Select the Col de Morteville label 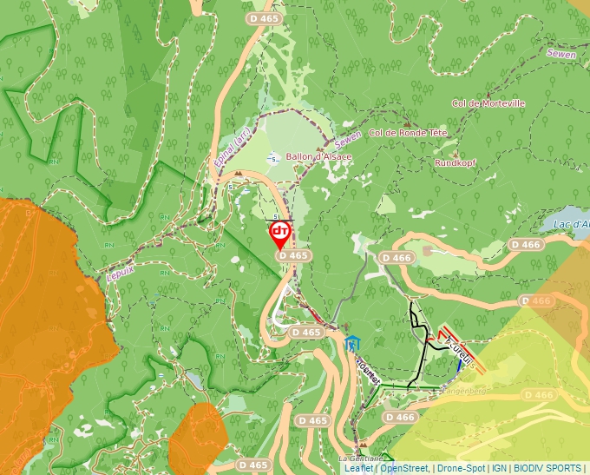[488, 103]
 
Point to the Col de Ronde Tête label [408, 133]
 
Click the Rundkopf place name [455, 162]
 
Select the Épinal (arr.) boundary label [232, 147]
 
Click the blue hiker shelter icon [351, 342]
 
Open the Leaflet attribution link [358, 468]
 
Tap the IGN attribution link [499, 468]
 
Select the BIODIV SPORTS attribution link [547, 468]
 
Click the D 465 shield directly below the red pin [293, 256]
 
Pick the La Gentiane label [355, 458]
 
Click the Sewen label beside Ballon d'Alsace [347, 138]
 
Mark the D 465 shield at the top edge [264, 17]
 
